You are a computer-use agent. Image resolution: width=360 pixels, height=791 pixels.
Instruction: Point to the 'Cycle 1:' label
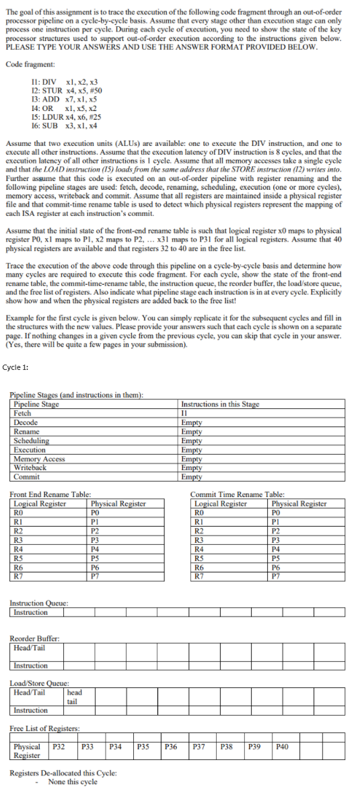point(15,367)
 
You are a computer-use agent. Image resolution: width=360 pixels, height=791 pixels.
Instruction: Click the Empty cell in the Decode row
point(192,422)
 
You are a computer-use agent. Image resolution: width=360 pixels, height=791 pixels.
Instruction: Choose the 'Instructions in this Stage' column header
point(220,404)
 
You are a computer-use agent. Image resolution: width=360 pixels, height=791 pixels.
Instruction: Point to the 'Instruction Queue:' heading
point(39,603)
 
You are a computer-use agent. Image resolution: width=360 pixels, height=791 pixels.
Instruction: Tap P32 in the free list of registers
point(59,747)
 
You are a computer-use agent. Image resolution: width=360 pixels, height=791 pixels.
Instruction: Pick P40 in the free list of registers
point(281,747)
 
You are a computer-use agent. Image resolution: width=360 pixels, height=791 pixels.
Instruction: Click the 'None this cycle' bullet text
point(73,782)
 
